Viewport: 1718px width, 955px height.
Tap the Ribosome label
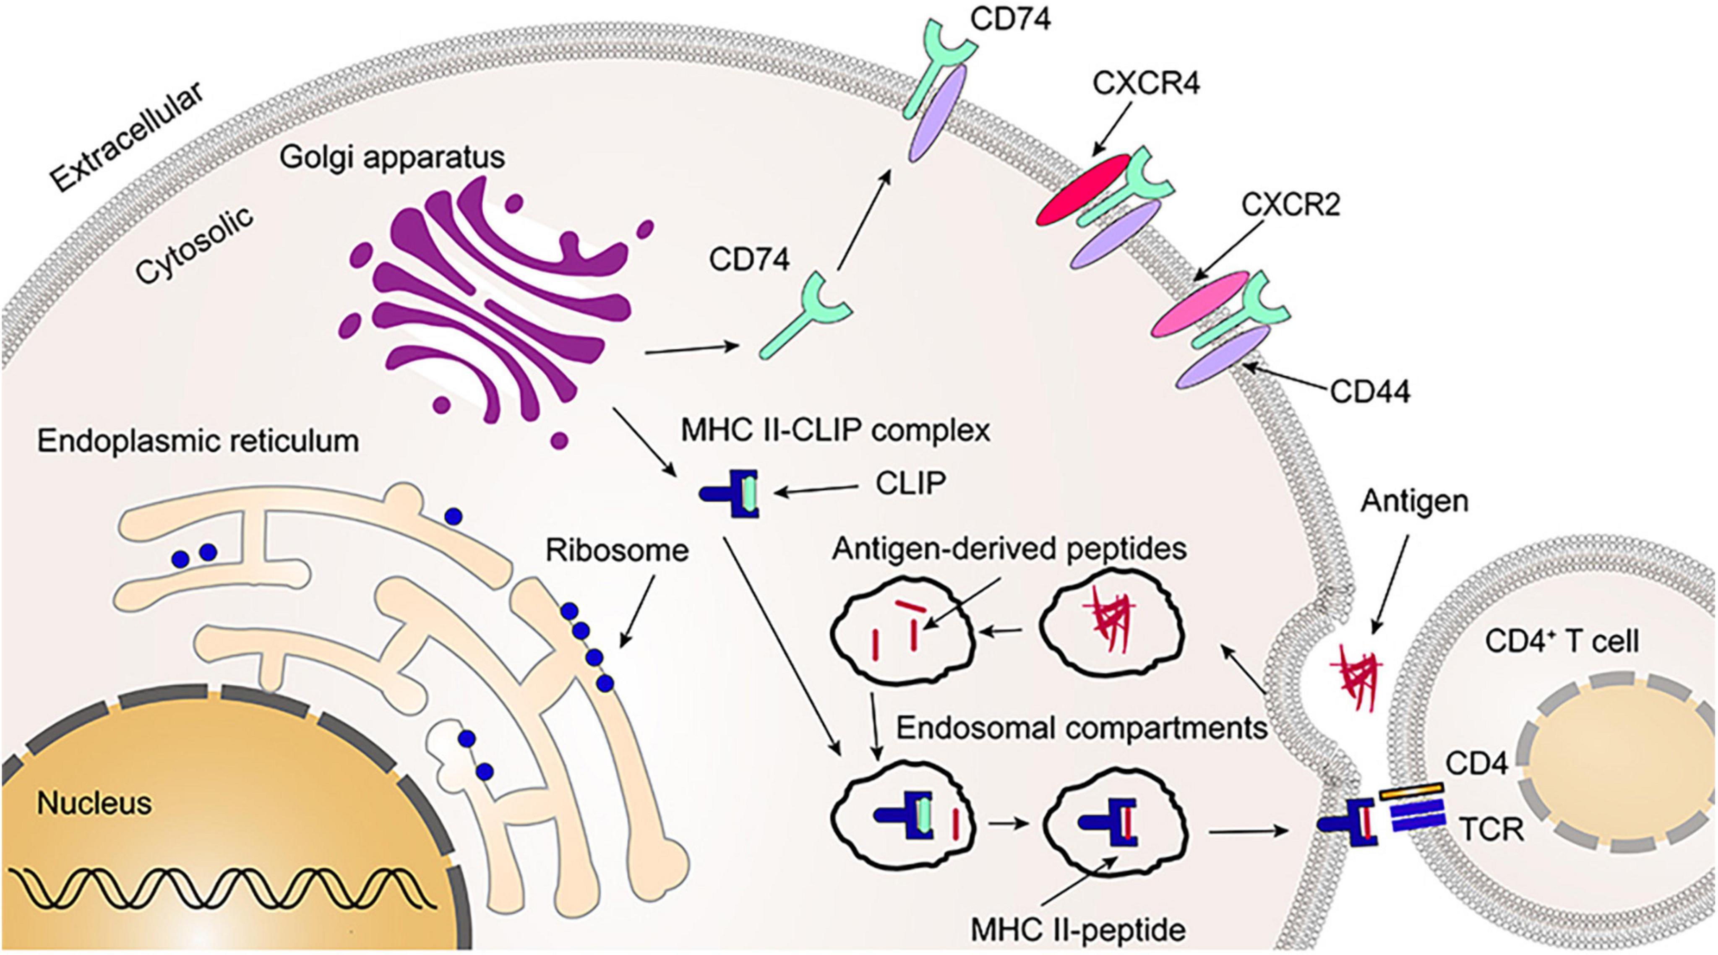616,551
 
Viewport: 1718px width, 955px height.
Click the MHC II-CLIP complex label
835,431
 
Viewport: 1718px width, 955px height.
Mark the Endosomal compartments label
1080,728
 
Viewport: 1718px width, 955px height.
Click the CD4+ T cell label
1561,642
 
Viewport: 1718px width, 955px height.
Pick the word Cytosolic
193,245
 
